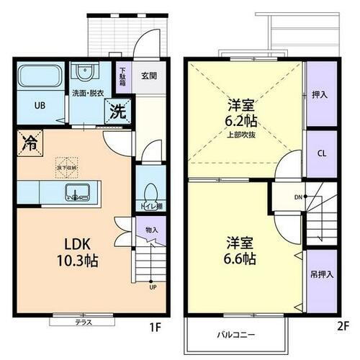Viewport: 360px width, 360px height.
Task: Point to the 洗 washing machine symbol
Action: point(118,111)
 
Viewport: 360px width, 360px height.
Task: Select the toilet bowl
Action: point(149,192)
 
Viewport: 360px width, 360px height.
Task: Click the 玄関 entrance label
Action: point(148,75)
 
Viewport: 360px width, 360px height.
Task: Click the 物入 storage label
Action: point(151,230)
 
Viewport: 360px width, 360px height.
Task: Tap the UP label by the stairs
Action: point(153,287)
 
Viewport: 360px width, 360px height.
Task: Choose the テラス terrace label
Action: point(84,323)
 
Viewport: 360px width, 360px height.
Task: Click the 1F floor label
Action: point(154,328)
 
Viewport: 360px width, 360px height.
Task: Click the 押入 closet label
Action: point(320,94)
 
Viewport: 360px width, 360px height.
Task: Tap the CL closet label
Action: point(321,153)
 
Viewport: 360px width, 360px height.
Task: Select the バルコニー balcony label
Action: point(236,334)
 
